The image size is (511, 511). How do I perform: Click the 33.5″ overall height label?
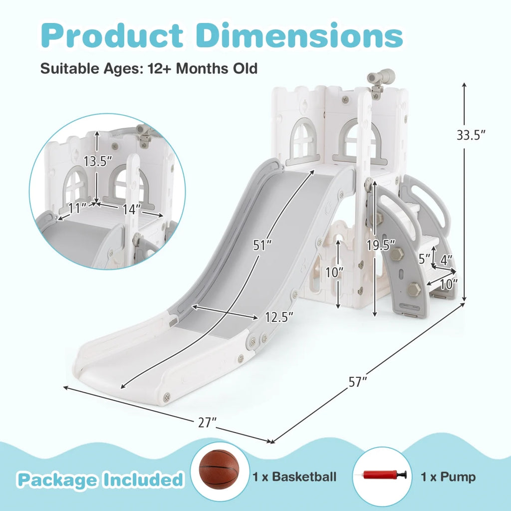click(x=471, y=135)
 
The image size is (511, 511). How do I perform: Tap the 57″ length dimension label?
click(x=358, y=382)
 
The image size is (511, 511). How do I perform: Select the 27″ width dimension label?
click(x=207, y=423)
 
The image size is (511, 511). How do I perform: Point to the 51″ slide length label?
click(x=262, y=246)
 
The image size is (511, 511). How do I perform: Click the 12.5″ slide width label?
click(x=279, y=317)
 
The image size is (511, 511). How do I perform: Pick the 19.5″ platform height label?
click(x=381, y=245)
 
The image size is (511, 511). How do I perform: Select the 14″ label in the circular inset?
click(x=132, y=209)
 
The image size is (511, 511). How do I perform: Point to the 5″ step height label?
click(x=425, y=259)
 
